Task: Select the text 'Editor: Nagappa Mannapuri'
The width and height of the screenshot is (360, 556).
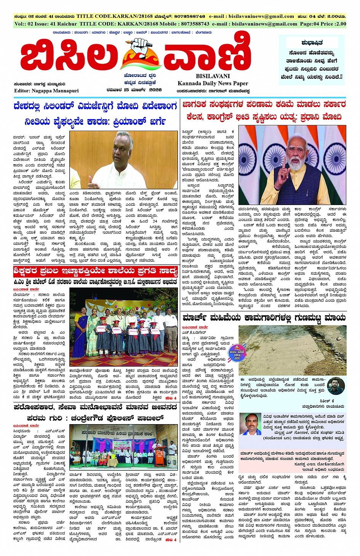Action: (x=46, y=91)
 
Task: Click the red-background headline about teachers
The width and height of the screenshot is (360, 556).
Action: (x=95, y=271)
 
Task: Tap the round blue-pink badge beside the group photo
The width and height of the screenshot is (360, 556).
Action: (x=237, y=354)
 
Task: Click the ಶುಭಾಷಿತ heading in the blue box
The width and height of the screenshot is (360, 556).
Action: (x=312, y=42)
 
